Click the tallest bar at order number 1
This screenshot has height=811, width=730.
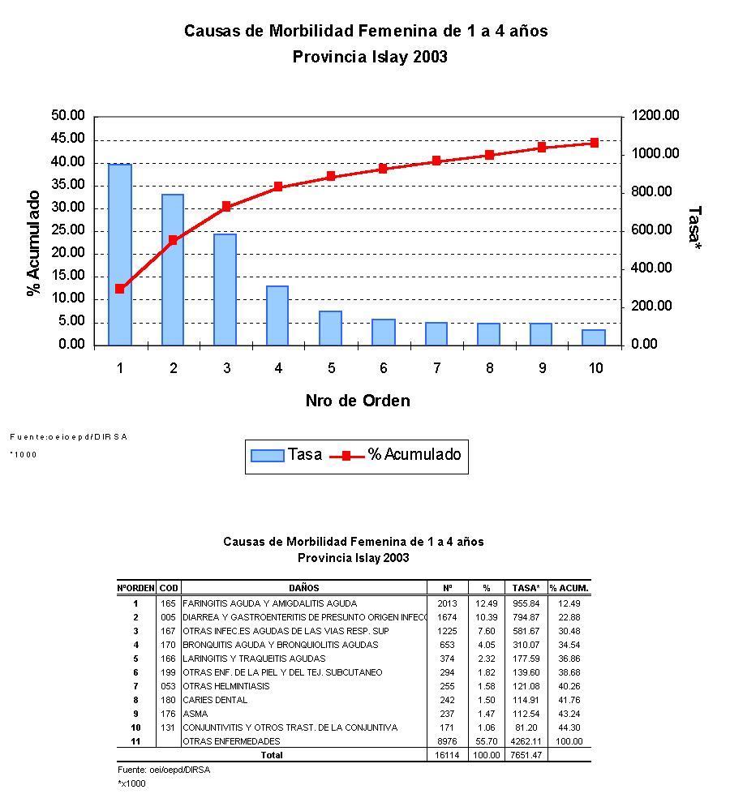point(120,255)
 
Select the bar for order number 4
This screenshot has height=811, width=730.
point(278,315)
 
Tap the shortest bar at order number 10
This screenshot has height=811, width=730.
point(595,337)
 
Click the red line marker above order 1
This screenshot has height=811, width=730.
point(120,289)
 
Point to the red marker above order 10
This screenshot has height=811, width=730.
point(595,143)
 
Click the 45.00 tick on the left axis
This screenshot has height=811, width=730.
point(68,139)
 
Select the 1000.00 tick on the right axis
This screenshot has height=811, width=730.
point(656,154)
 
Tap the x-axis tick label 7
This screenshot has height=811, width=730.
point(436,368)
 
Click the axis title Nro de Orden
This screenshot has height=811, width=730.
point(358,401)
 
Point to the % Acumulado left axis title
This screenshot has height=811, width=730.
point(34,243)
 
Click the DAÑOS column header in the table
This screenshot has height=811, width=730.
point(304,588)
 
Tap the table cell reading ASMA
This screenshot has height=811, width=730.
point(196,714)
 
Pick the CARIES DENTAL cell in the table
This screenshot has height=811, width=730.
point(215,700)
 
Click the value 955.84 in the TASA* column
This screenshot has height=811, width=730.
point(528,603)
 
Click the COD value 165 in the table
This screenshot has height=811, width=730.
point(169,603)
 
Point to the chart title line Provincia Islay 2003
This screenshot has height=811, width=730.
point(369,57)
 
